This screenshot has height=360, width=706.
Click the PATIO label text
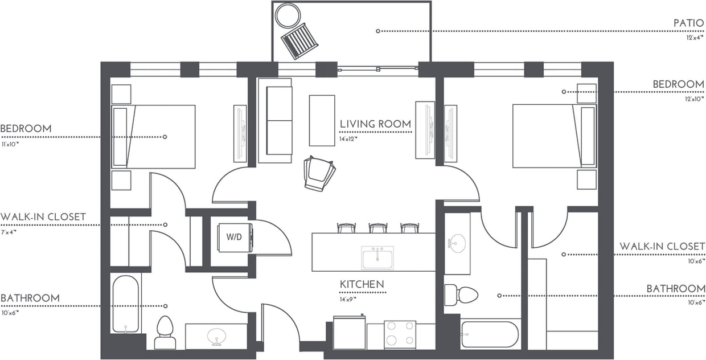tap(689, 23)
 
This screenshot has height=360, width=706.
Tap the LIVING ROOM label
tap(375, 124)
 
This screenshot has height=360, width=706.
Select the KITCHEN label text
tap(362, 284)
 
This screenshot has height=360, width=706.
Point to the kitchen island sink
tap(377, 258)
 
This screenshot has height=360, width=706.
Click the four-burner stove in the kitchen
tap(400, 334)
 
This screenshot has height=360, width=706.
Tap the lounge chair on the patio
tap(300, 41)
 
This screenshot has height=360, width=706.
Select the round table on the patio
tap(288, 15)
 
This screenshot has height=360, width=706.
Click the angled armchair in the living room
tap(319, 173)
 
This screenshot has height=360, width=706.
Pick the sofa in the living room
tap(275, 120)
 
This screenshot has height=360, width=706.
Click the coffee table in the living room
tap(322, 120)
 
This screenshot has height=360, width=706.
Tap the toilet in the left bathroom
tap(165, 332)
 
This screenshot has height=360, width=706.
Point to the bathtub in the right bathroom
tap(490, 334)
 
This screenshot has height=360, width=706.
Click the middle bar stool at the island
tap(378, 228)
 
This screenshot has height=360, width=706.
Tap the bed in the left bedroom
tap(154, 137)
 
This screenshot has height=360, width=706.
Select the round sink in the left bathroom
tap(216, 336)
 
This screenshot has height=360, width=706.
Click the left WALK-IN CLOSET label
tap(43, 217)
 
